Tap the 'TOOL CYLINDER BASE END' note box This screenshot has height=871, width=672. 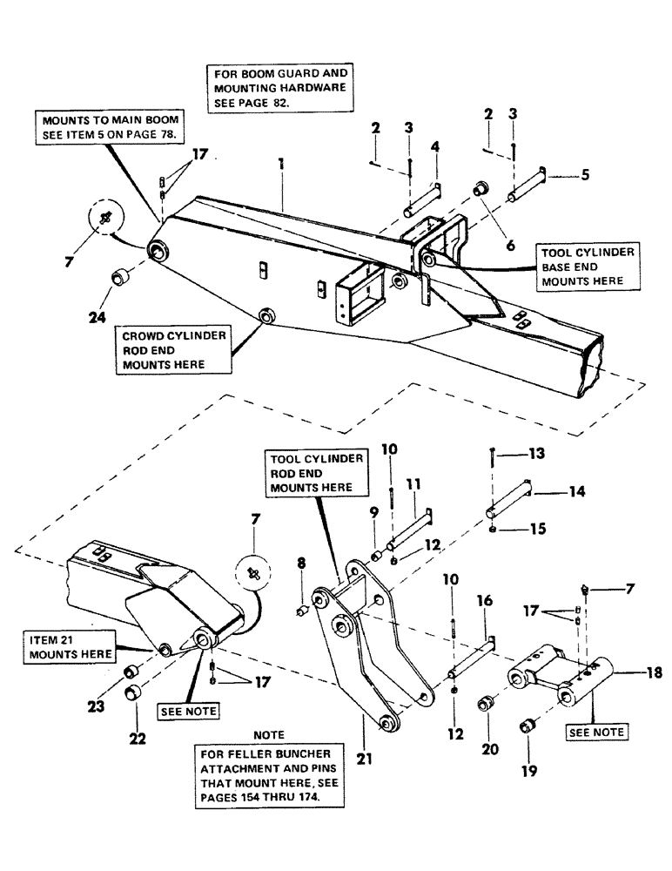coord(591,266)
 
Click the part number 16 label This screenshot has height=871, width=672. coord(483,601)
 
